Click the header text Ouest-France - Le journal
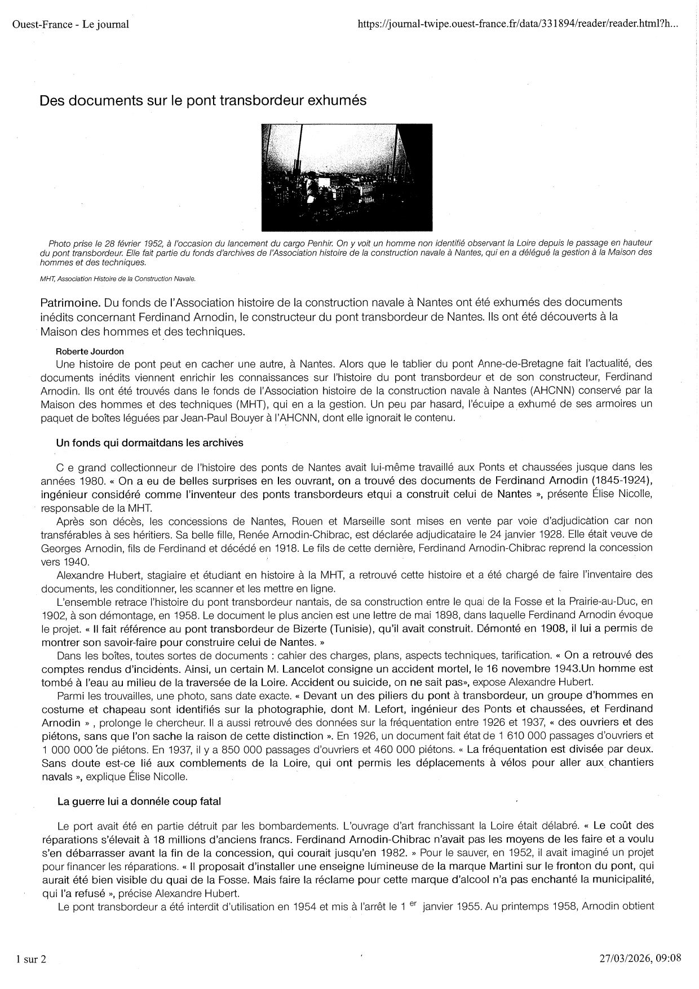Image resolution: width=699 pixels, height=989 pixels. coord(70,24)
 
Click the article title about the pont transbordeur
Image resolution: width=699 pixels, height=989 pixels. coord(203,101)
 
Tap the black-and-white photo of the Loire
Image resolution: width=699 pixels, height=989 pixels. coord(347,177)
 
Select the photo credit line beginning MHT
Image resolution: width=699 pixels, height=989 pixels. coord(118,278)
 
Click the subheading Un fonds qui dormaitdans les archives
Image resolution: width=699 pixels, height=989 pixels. coord(150,443)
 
